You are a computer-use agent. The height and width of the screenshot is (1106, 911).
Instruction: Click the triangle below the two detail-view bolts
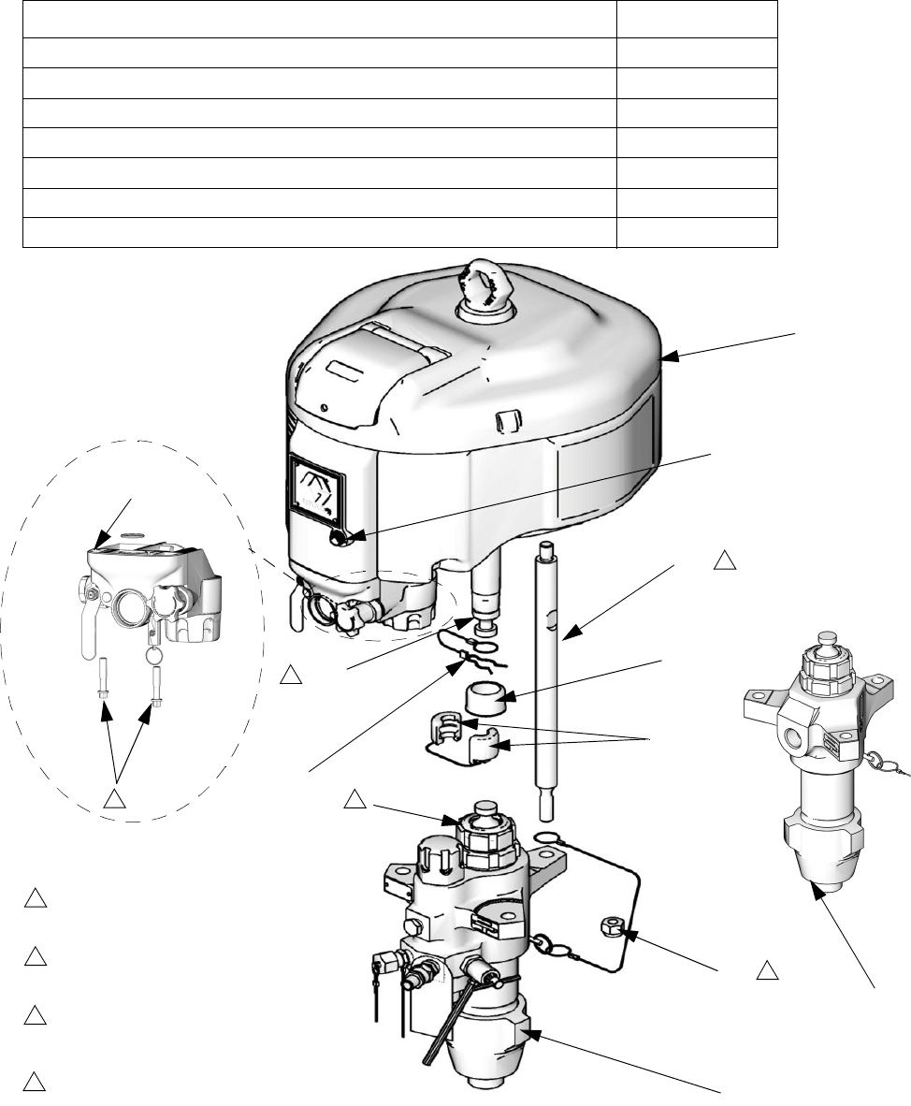click(x=114, y=799)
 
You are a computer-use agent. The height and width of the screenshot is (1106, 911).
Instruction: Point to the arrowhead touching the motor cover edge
click(x=666, y=357)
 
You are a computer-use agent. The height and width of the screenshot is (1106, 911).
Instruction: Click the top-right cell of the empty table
click(x=697, y=19)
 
